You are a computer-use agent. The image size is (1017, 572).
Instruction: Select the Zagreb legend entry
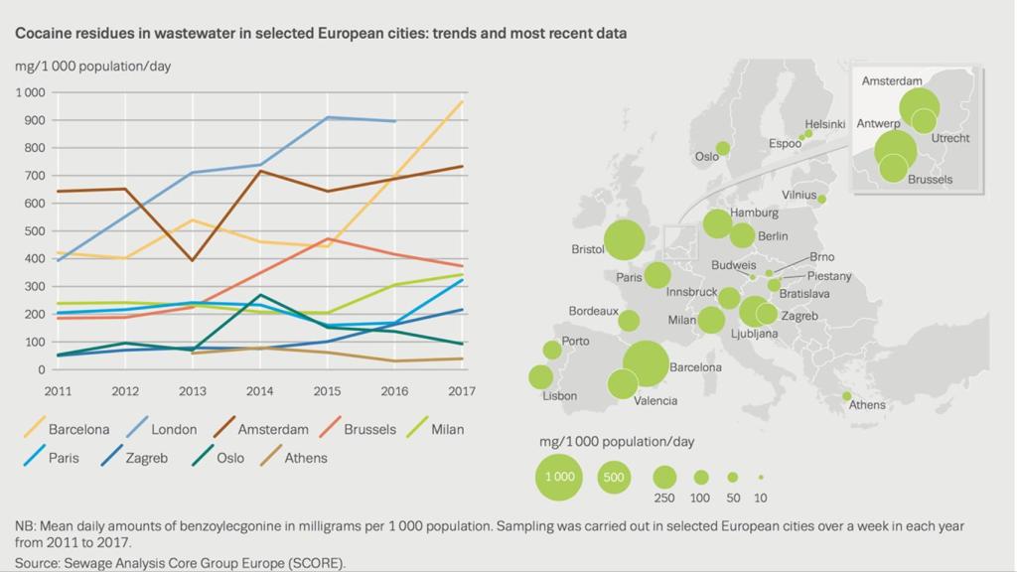coord(146,458)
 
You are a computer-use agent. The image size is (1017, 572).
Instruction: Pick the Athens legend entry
coord(305,458)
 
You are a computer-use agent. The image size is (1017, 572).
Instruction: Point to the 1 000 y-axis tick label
coord(30,92)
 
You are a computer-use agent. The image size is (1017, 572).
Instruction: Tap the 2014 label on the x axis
coord(260,390)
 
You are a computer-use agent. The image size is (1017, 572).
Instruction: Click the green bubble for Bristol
coord(624,240)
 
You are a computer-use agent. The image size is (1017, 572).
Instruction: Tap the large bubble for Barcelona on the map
coord(645,363)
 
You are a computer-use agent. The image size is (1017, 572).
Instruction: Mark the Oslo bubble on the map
coord(723,148)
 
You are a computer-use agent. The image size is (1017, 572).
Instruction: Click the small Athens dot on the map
coord(847,396)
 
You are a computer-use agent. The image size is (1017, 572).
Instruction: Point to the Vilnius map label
coord(799,195)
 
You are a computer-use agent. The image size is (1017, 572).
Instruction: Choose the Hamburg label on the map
coord(754,213)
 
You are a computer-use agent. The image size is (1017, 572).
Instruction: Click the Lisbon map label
coord(559,396)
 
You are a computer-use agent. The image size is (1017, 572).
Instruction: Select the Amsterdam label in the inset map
coord(892,81)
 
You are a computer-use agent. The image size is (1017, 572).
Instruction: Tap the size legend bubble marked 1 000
coord(558,477)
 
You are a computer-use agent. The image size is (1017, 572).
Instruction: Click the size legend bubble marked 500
coord(614,477)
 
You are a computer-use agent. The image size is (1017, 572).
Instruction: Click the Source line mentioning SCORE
coord(180,563)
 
